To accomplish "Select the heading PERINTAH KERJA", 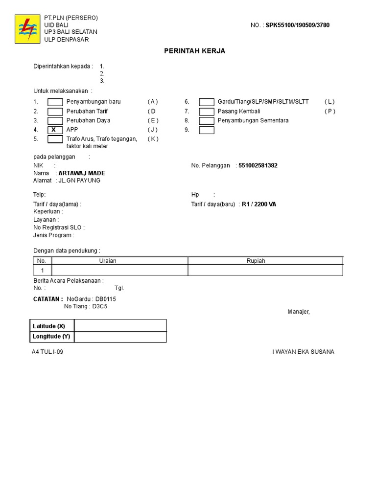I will (x=194, y=51).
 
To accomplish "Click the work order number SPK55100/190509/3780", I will (x=298, y=25).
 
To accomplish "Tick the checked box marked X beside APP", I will (x=55, y=130).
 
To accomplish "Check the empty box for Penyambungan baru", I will (x=55, y=102).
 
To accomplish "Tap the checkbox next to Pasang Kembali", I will (x=207, y=112).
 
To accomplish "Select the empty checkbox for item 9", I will (x=207, y=130).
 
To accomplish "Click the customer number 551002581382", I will (x=258, y=166).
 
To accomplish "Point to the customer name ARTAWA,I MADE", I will (x=82, y=173).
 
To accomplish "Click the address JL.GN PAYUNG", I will (x=79, y=181).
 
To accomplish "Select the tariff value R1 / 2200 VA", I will (x=259, y=205).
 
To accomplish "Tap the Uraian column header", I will (x=108, y=261).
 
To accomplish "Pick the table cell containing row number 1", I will (x=42, y=271).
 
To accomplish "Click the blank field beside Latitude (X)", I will (x=120, y=326).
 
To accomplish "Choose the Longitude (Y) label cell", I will (x=51, y=337).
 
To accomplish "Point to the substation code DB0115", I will (x=106, y=299).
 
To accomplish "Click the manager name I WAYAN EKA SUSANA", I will (x=303, y=352).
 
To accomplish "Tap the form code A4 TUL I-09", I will (x=47, y=352).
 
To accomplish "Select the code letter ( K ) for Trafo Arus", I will (x=153, y=139).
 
